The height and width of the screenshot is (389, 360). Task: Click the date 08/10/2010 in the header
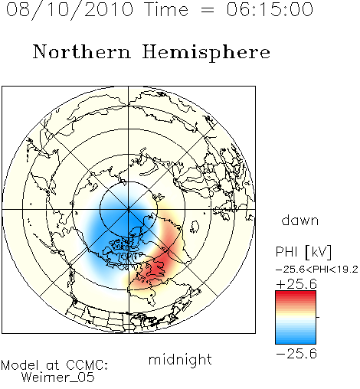tap(70, 10)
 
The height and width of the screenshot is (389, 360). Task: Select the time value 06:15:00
tap(270, 9)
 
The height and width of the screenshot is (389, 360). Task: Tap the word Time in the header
tap(166, 9)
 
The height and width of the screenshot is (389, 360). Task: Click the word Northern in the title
tap(82, 52)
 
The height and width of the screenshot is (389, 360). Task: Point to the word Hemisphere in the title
tap(206, 53)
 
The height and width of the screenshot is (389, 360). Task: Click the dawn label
tap(300, 221)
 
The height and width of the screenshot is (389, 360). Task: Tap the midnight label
tap(180, 359)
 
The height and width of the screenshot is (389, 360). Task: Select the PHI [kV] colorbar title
tap(303, 252)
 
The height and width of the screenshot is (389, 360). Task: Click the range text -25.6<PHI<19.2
tap(317, 270)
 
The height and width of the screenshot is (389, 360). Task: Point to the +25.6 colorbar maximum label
tap(296, 284)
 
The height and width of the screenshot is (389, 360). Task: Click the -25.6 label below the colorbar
tap(296, 354)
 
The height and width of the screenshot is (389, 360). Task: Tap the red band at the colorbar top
tap(296, 295)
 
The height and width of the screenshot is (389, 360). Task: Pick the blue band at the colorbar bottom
tap(296, 339)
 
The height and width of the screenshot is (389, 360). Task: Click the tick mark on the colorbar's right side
tap(318, 317)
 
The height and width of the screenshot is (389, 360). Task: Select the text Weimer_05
tap(58, 377)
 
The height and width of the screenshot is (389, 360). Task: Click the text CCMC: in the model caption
tap(87, 365)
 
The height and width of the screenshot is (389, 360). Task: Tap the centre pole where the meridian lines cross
tap(129, 210)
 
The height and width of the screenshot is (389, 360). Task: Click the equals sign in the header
tap(208, 10)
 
